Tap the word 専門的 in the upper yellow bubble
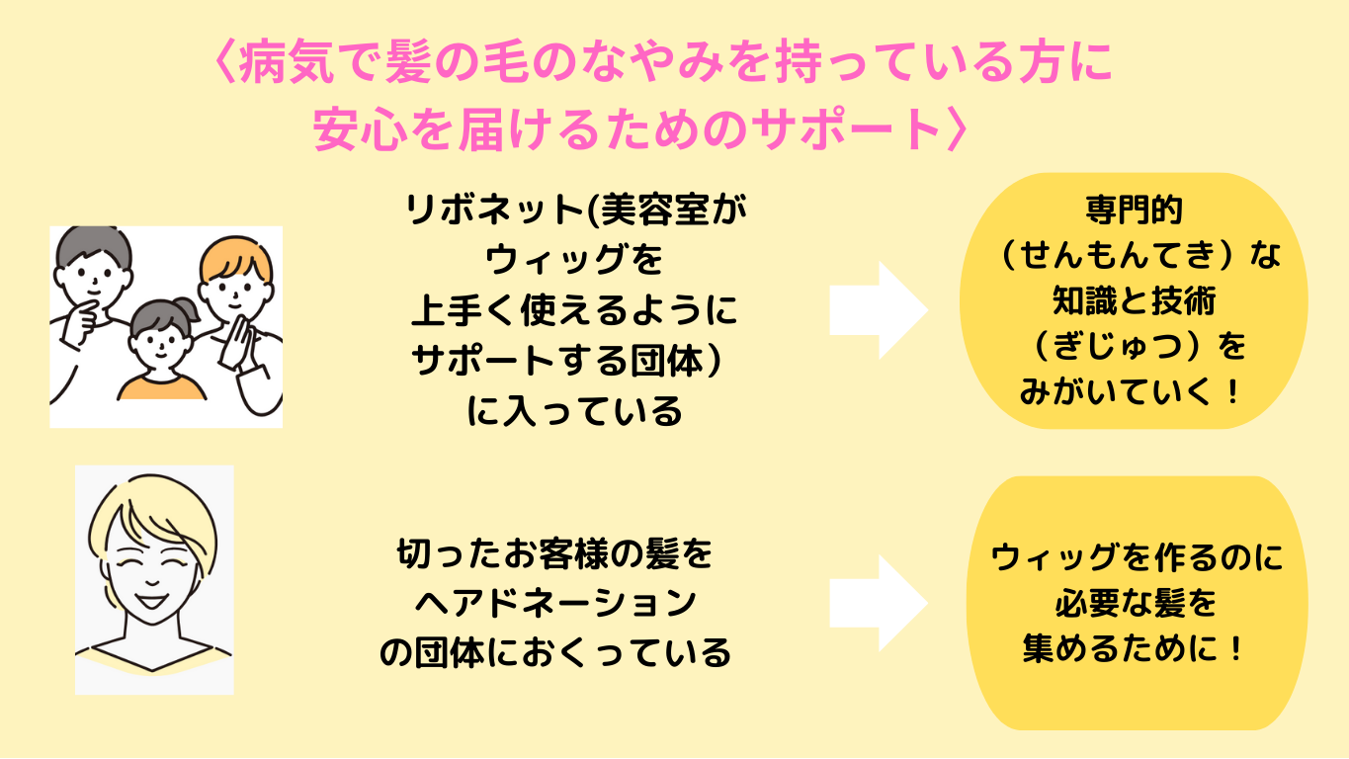point(1133,211)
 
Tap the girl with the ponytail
point(162,336)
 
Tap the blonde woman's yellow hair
point(148,514)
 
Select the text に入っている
point(574,410)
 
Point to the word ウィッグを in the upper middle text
point(573,261)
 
